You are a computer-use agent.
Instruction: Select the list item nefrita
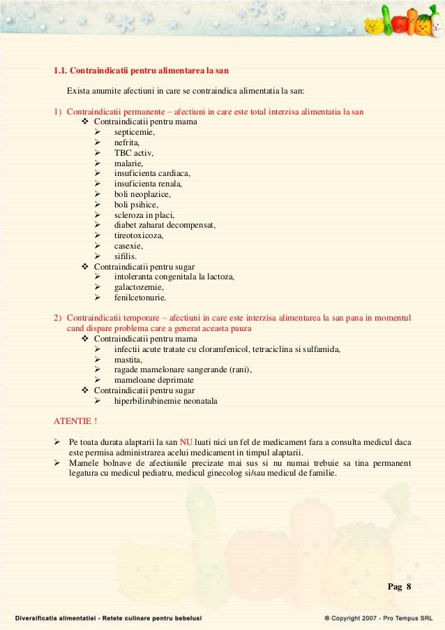click(x=127, y=142)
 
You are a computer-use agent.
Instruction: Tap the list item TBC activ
click(x=133, y=153)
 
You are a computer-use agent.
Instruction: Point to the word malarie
click(x=129, y=163)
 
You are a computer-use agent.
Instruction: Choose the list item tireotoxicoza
click(x=139, y=235)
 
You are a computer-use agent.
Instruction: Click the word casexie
click(x=129, y=246)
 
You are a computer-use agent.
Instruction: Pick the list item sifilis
click(x=126, y=256)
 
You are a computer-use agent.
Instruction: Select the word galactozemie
click(x=139, y=287)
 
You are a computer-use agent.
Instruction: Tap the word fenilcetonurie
click(x=140, y=298)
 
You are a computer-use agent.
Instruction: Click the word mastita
click(x=128, y=360)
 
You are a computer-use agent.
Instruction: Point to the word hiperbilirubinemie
click(x=147, y=402)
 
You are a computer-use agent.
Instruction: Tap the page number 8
click(x=409, y=585)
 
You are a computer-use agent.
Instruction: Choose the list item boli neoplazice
click(x=142, y=194)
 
